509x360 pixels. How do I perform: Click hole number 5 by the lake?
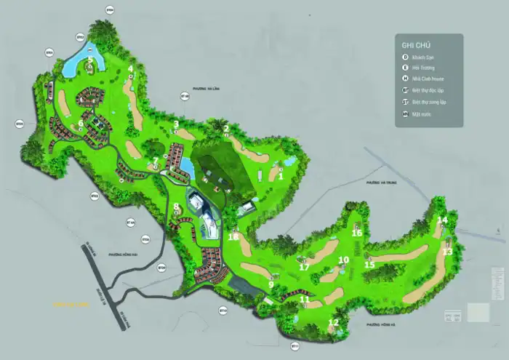click(91, 61)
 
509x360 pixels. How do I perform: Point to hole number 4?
click(131, 69)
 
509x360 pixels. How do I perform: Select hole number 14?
click(443, 220)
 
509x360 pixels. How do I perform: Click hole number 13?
click(448, 251)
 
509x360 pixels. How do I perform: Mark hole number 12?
click(334, 322)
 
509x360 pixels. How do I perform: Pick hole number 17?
click(305, 267)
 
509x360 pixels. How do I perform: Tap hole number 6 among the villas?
click(80, 124)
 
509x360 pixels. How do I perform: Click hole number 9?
click(271, 284)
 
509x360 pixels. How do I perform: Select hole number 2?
click(226, 129)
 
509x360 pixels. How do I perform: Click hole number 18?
click(233, 236)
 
